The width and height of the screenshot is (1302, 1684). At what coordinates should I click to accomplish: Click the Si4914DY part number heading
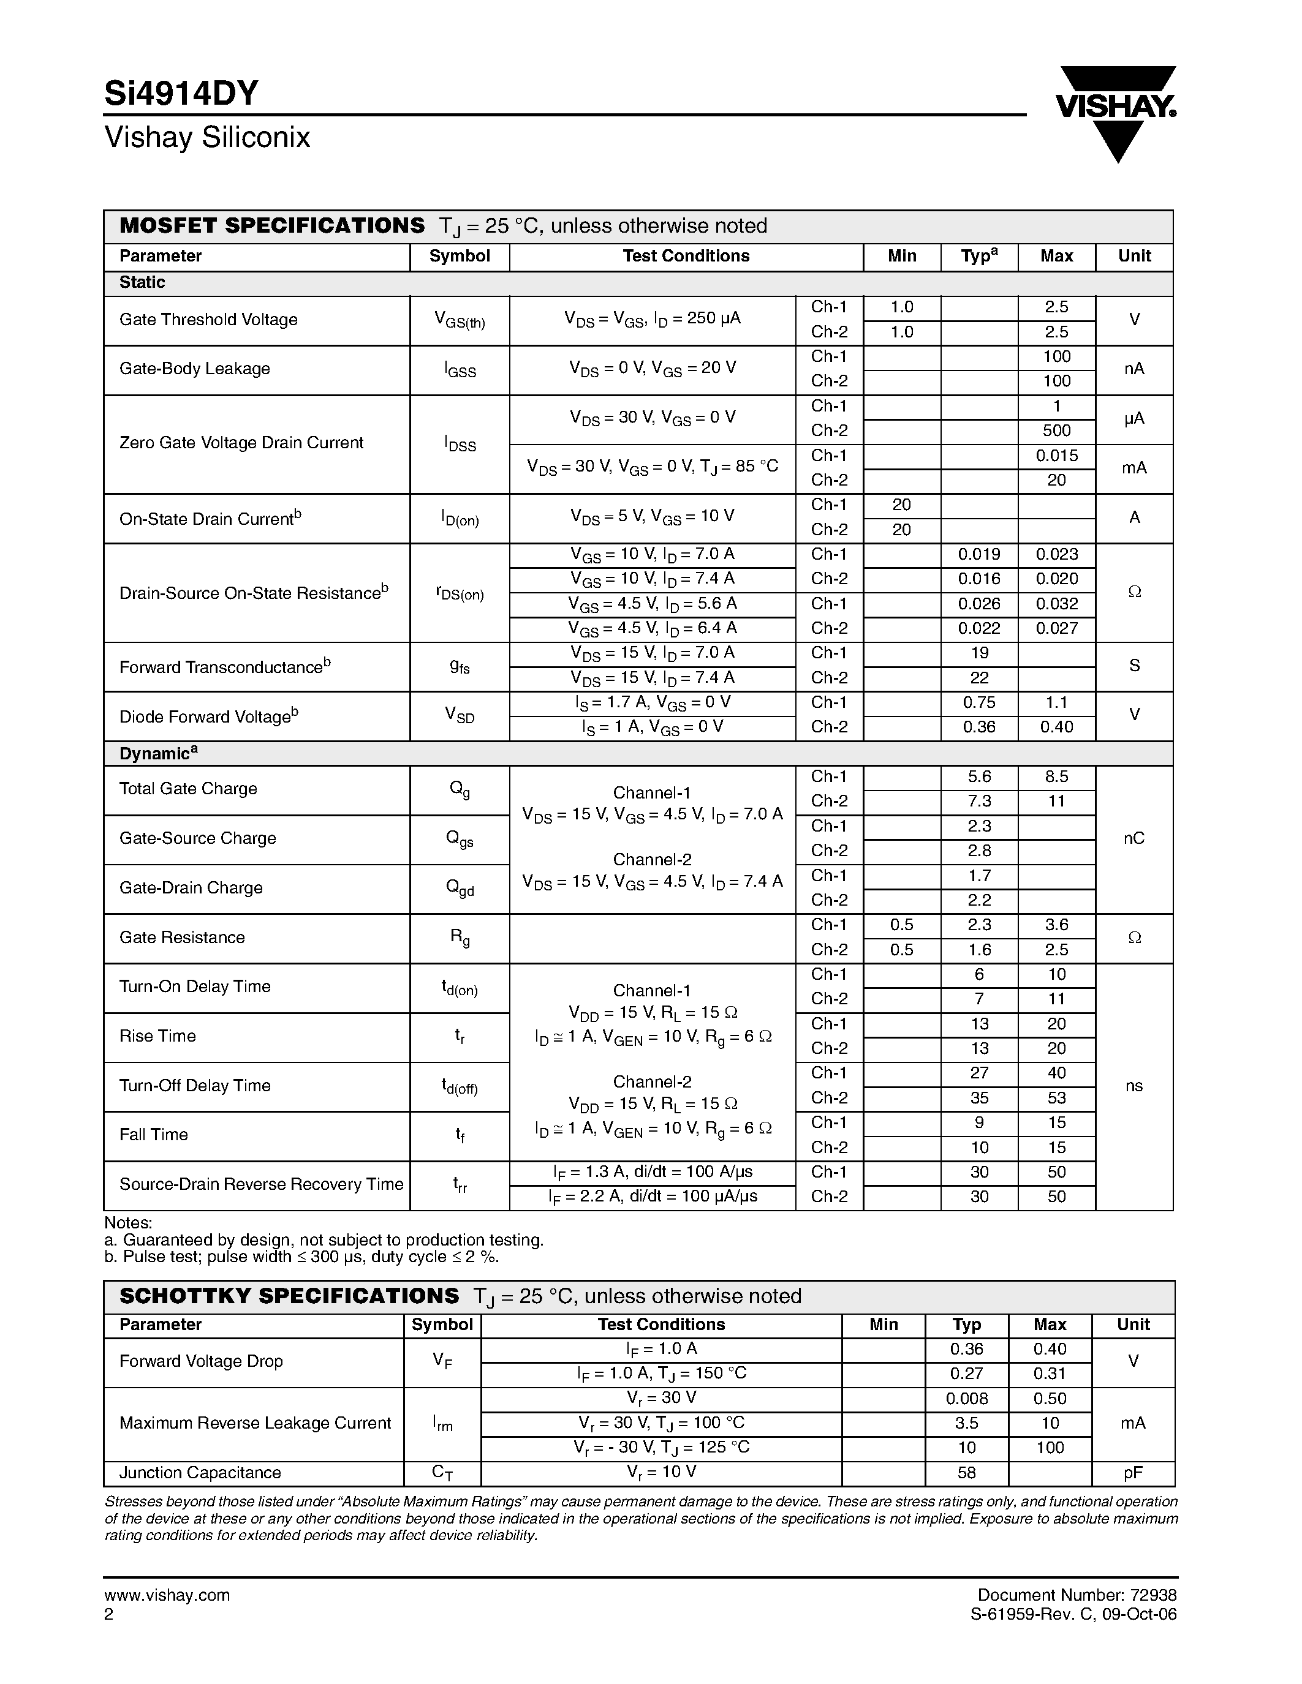pyautogui.click(x=181, y=94)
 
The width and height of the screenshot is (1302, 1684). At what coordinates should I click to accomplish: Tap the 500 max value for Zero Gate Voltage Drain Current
pyautogui.click(x=1056, y=431)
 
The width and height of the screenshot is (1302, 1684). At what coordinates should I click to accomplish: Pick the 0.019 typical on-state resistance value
pyautogui.click(x=979, y=554)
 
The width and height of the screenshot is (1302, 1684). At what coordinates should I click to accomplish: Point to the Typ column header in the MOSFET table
pyautogui.click(x=979, y=257)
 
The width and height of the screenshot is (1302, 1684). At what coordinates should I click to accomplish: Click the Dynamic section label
pyautogui.click(x=158, y=754)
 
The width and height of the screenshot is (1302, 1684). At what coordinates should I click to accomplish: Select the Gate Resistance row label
pyautogui.click(x=182, y=938)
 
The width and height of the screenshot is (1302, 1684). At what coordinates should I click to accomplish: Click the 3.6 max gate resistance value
pyautogui.click(x=1056, y=925)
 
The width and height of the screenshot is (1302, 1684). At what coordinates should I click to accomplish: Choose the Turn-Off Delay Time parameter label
pyautogui.click(x=195, y=1086)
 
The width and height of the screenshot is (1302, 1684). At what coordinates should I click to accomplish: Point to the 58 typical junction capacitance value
pyautogui.click(x=966, y=1473)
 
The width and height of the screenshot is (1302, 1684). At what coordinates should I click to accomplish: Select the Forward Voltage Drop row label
pyautogui.click(x=202, y=1362)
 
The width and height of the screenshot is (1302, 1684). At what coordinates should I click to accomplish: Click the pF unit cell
pyautogui.click(x=1132, y=1473)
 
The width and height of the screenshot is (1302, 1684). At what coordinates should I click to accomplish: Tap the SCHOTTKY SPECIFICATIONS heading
pyautogui.click(x=289, y=1296)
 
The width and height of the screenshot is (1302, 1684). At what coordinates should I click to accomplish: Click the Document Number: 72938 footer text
pyautogui.click(x=1077, y=1595)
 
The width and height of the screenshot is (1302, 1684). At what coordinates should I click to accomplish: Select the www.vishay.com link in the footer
pyautogui.click(x=167, y=1595)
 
